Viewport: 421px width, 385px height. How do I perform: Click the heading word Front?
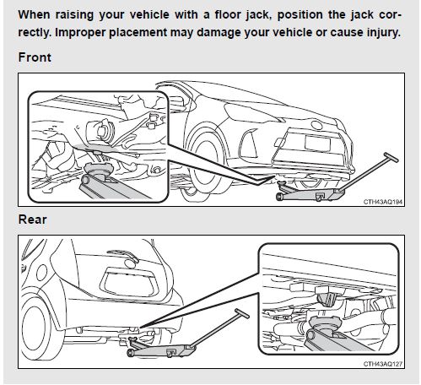(x=35, y=57)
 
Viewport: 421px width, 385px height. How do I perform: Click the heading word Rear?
(x=32, y=220)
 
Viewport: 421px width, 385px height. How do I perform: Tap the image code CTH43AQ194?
(x=383, y=202)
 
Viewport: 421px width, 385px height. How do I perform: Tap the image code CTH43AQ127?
(x=383, y=364)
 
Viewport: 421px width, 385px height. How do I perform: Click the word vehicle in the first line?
(x=149, y=14)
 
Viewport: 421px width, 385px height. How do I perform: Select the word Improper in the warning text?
(x=81, y=33)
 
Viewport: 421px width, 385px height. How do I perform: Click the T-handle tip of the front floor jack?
(x=391, y=157)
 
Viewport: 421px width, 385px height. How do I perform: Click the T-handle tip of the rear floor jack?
(x=242, y=313)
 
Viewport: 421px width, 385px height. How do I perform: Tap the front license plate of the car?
(x=317, y=143)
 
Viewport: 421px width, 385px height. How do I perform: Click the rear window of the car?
(x=128, y=282)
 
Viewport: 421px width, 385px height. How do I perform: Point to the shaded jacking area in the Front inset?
(x=93, y=148)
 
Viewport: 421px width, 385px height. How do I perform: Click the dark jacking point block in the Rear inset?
(x=327, y=299)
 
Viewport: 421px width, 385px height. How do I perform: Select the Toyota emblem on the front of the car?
(x=317, y=124)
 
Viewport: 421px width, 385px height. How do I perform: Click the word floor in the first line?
(x=228, y=14)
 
